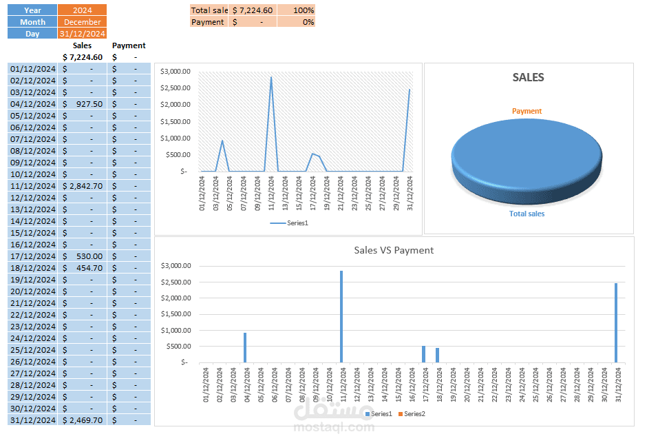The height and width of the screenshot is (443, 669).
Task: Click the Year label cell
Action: click(x=32, y=10)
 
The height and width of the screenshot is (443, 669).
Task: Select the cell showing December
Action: click(x=82, y=22)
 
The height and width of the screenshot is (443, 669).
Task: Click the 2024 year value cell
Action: click(x=82, y=10)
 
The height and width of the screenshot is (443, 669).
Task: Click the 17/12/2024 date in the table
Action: click(x=32, y=256)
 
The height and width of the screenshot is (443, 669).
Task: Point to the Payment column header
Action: click(x=129, y=45)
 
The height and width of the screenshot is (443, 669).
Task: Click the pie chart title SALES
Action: click(x=528, y=78)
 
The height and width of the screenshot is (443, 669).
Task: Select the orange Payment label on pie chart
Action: click(x=527, y=111)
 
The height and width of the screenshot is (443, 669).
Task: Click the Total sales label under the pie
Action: click(x=527, y=214)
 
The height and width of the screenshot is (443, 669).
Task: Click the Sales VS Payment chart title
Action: click(x=394, y=250)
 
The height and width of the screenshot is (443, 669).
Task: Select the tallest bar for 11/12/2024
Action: click(x=341, y=317)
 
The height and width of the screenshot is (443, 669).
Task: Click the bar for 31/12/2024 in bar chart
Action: click(x=615, y=324)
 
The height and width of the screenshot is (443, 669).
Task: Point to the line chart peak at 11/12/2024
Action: click(x=271, y=77)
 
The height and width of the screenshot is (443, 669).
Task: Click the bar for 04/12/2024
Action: click(x=244, y=348)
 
